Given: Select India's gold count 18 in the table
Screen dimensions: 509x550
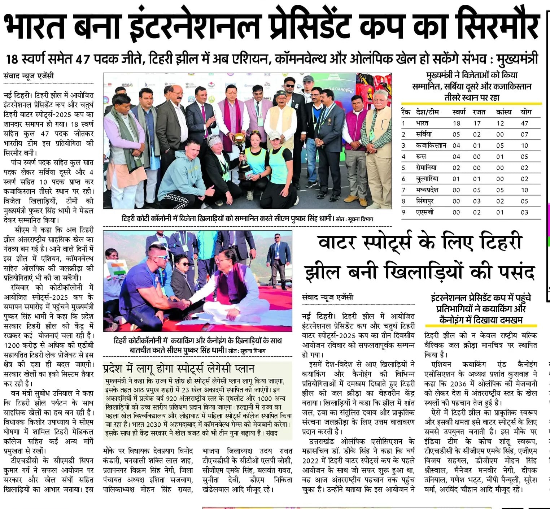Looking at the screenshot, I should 457,123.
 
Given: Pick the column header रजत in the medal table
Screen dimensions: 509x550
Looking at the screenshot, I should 479,112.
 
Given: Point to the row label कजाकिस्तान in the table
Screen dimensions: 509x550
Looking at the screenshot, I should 431,145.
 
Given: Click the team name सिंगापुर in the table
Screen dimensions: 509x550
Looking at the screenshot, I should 425,201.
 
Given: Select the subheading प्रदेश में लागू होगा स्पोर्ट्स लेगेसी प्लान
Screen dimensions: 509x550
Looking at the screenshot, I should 179,369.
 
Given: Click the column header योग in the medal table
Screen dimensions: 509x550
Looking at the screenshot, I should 526,112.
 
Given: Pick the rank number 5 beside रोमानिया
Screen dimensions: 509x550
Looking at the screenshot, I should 404,168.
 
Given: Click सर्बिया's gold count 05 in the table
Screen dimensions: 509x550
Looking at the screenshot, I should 457,134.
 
